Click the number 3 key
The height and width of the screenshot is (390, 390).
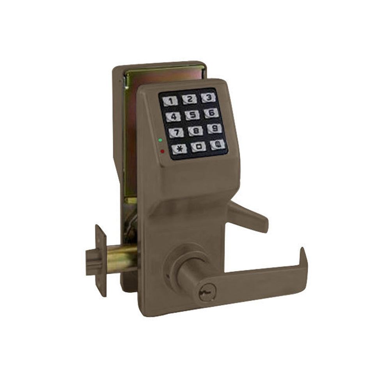(209, 97)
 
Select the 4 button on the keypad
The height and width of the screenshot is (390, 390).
(173, 117)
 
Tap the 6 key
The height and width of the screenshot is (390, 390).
(211, 113)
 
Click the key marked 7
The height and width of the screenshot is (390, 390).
(176, 133)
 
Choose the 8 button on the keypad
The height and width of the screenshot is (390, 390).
(195, 131)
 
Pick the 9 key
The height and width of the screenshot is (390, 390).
(214, 129)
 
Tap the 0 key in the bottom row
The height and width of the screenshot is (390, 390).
(199, 147)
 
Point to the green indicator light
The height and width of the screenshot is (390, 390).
(160, 140)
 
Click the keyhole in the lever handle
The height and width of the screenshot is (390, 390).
(205, 293)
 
